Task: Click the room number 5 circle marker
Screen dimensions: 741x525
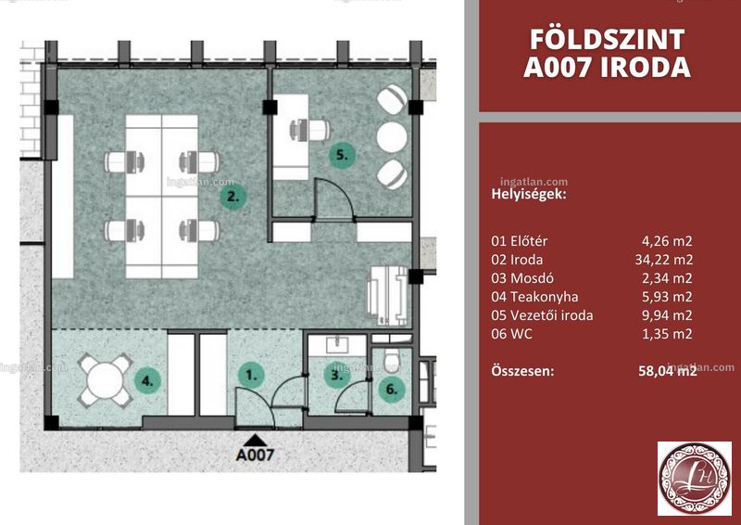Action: (x=342, y=155)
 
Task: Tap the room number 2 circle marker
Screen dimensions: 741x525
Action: (x=233, y=196)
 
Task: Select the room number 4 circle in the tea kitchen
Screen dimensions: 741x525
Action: (x=148, y=380)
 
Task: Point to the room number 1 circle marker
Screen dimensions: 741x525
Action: (x=251, y=376)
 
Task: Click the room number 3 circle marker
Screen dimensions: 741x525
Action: (x=336, y=376)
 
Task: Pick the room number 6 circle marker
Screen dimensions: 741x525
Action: (x=391, y=390)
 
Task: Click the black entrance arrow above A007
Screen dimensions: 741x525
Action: (x=255, y=441)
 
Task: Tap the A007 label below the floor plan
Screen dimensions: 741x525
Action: (x=255, y=455)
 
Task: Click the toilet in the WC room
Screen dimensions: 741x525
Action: (x=391, y=361)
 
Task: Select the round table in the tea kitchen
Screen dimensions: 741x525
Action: (x=105, y=380)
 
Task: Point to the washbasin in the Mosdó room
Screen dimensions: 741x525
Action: (x=337, y=344)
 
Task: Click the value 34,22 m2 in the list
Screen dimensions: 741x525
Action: (x=664, y=260)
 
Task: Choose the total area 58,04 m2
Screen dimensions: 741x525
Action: (x=667, y=370)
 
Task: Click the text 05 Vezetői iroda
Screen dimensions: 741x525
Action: (x=542, y=315)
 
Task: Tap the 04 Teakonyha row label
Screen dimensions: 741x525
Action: (x=534, y=297)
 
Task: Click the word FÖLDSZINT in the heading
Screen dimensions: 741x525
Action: (x=607, y=39)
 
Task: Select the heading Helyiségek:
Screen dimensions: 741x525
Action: (x=529, y=195)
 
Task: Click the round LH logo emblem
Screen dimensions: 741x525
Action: (x=695, y=479)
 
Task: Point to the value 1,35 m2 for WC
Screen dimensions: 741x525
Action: (x=667, y=334)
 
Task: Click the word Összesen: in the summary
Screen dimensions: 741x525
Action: (x=522, y=370)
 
